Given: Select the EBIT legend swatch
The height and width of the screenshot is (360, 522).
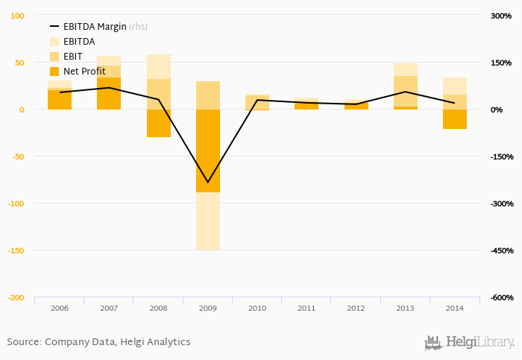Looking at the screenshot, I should (54, 57).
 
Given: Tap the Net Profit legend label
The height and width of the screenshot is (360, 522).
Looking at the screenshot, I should (84, 72).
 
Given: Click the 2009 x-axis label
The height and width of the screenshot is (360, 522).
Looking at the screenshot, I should (207, 308).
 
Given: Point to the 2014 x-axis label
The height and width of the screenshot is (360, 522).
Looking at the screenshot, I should (454, 308).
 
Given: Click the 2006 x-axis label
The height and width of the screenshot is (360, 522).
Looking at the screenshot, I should (59, 308).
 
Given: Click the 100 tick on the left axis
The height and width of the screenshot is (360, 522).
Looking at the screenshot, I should (17, 16).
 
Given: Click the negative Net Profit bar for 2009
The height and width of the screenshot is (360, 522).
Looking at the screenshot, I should (207, 151).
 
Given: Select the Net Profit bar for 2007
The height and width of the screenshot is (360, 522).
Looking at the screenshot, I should (109, 93).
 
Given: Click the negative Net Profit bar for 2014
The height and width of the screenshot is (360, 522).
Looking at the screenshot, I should (454, 119).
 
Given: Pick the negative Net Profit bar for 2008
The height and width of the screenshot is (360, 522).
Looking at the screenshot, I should (158, 123).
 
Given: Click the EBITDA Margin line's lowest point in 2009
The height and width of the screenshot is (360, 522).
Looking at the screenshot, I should (207, 182).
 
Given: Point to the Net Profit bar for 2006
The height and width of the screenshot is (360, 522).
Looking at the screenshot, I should (59, 100).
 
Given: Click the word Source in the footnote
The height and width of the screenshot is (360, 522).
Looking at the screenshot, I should (23, 342).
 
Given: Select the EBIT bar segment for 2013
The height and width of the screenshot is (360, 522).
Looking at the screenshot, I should (405, 91).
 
